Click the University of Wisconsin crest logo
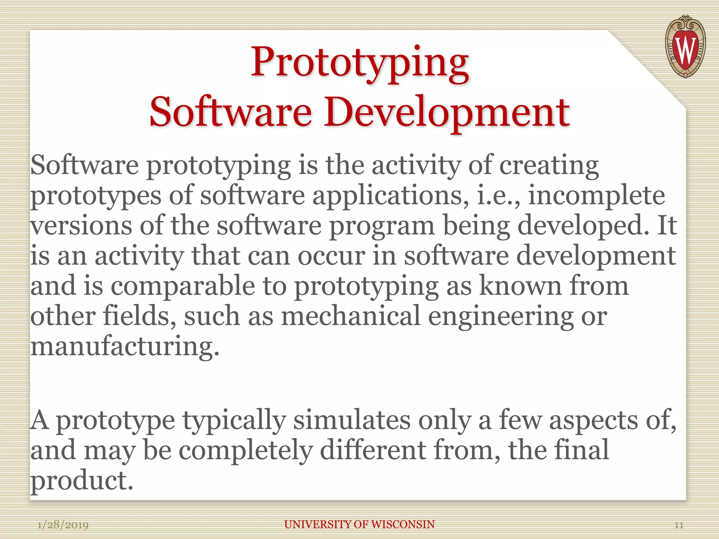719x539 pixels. tap(685, 46)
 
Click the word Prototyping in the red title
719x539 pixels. tap(359, 63)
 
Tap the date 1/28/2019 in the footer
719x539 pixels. tap(63, 525)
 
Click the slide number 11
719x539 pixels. tap(679, 525)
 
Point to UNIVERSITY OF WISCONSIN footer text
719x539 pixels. tap(359, 524)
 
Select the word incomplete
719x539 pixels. tap(596, 195)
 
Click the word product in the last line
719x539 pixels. tap(81, 481)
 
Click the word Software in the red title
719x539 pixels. tap(231, 112)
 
